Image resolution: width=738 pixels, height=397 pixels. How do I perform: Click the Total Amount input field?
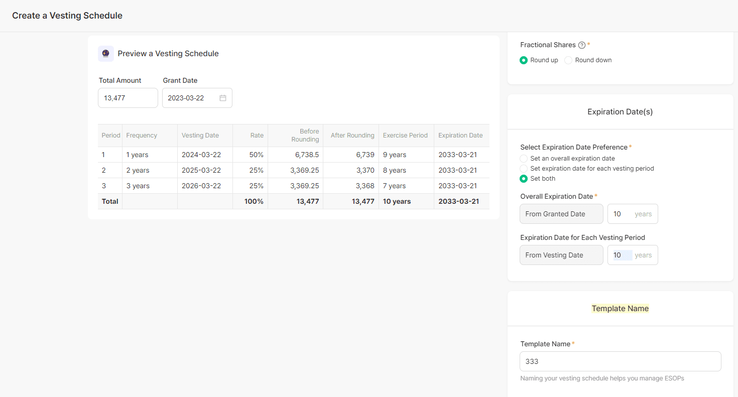coord(128,98)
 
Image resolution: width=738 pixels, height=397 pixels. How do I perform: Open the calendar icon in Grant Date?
coord(223,98)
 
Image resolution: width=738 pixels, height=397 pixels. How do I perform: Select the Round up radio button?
coord(524,60)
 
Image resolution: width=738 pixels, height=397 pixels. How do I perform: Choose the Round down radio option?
coord(568,60)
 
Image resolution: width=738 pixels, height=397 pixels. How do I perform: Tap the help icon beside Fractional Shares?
coord(582,45)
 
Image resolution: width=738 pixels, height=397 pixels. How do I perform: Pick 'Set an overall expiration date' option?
coord(524,159)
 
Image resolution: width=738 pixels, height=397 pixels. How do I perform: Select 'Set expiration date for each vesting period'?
coord(524,169)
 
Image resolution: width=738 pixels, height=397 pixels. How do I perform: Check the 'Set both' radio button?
coord(524,179)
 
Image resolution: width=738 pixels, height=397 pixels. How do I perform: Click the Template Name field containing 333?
coord(620,361)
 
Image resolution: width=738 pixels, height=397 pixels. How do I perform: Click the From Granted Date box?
coord(561,214)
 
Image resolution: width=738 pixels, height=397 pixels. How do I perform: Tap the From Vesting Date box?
coord(561,255)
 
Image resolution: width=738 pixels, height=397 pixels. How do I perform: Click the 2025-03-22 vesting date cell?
coord(201,170)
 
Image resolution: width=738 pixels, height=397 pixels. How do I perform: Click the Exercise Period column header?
coord(405,136)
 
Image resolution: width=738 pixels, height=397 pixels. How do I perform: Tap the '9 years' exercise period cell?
coord(395,155)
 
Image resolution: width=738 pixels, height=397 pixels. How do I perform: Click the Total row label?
coord(110,201)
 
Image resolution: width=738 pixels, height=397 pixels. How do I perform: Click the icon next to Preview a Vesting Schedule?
coord(106,54)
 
